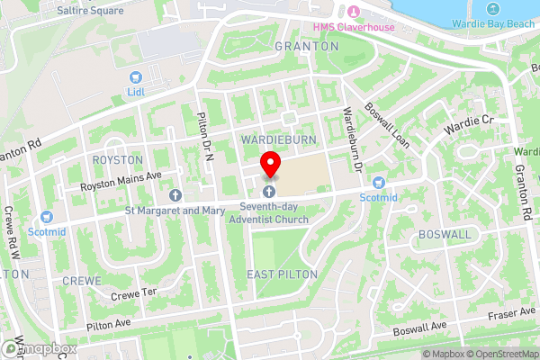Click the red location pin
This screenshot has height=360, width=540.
[269, 165]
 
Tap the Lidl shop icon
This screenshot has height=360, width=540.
[136, 77]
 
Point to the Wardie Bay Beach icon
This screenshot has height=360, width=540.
[492, 9]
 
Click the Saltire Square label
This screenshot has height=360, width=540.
[89, 11]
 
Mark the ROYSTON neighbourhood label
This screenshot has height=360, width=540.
[117, 159]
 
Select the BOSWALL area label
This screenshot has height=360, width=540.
[445, 234]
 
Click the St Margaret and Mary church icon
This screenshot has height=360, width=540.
[175, 194]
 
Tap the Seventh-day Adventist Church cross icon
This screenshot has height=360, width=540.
[269, 192]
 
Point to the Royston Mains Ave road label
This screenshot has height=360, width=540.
[120, 178]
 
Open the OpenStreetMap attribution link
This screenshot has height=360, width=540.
[499, 353]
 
